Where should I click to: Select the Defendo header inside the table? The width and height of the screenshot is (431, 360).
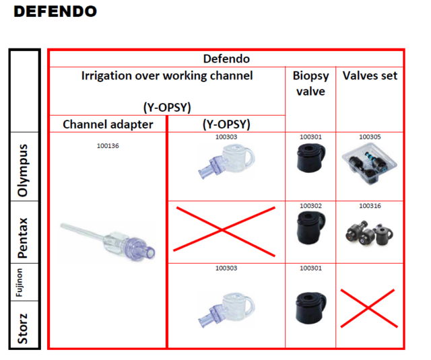[226, 59]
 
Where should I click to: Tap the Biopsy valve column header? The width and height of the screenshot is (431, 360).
[310, 83]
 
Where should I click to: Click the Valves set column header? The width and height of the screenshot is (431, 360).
[370, 76]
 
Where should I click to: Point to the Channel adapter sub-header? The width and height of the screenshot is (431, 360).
[108, 124]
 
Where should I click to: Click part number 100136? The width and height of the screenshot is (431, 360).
[108, 145]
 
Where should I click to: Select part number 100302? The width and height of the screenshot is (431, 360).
[310, 206]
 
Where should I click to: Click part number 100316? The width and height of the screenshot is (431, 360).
[370, 206]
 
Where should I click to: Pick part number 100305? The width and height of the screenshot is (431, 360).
[370, 137]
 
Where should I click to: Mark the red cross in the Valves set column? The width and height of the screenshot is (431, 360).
[369, 307]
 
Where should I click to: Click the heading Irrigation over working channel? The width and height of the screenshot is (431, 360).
[167, 76]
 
